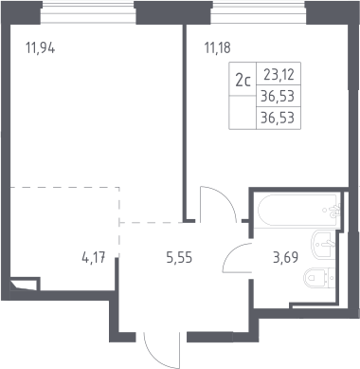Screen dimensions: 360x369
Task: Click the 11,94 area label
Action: click(x=41, y=48)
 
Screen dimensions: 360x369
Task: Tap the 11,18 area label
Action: click(x=218, y=48)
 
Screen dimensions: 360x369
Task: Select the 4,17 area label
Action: click(x=94, y=258)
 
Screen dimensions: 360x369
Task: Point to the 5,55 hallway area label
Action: click(x=179, y=258)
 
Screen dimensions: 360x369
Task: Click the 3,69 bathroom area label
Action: click(x=285, y=257)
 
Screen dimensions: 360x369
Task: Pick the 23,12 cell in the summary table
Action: click(x=279, y=75)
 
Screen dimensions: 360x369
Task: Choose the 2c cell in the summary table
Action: click(x=243, y=81)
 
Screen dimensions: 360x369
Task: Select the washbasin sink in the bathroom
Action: click(x=322, y=244)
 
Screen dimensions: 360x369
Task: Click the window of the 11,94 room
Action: click(x=88, y=13)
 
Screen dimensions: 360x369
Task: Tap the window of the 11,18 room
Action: click(x=258, y=13)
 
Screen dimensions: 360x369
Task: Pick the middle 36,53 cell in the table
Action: click(x=278, y=96)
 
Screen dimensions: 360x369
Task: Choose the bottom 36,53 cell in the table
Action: click(x=278, y=118)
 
